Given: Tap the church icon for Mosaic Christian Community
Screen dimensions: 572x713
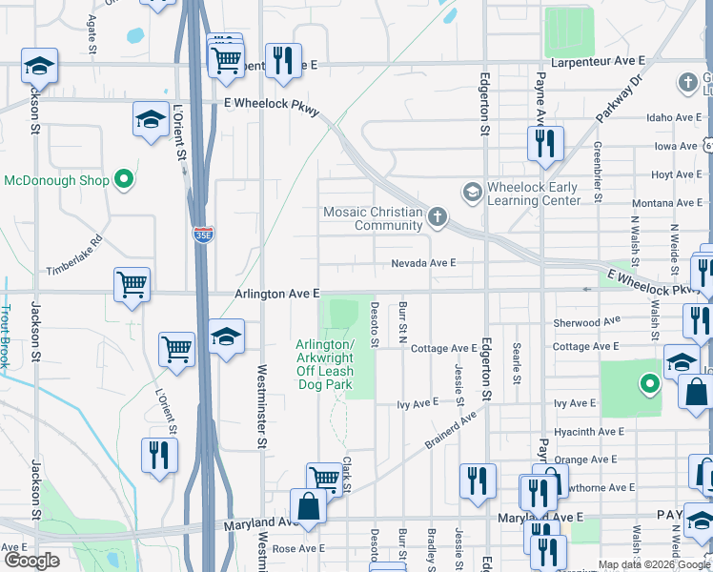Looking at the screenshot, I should tap(437, 218).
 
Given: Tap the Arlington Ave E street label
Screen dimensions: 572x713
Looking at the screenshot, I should tap(276, 295).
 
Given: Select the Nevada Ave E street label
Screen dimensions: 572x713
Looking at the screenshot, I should tap(423, 263).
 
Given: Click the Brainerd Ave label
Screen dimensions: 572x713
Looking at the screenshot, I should tap(450, 429).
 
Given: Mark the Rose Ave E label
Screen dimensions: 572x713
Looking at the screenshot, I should tap(298, 549).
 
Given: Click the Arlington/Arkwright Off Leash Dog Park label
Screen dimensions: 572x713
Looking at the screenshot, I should tap(324, 364).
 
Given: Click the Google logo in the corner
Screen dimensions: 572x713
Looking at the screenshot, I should tap(31, 561).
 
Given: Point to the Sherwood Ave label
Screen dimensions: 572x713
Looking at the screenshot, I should tap(586, 322).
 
